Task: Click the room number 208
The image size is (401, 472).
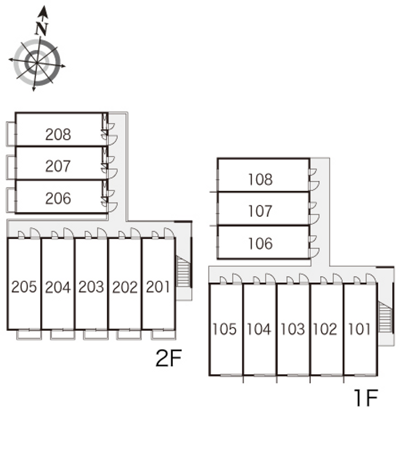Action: (x=58, y=135)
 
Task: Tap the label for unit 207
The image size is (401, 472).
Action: (x=58, y=166)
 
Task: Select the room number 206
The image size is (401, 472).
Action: (x=58, y=198)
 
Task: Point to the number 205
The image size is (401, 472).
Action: (x=24, y=287)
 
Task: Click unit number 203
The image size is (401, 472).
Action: (x=91, y=287)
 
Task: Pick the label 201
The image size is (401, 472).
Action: (x=158, y=287)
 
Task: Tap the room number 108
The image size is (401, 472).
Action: (x=260, y=179)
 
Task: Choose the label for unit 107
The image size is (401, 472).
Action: (x=260, y=211)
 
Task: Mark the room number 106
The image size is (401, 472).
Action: (x=260, y=244)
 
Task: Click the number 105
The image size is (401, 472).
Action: (x=225, y=329)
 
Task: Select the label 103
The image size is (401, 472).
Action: (x=293, y=329)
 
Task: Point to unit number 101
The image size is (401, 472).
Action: (x=359, y=329)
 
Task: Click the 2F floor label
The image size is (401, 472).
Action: (x=168, y=358)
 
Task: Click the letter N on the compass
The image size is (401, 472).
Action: (x=42, y=29)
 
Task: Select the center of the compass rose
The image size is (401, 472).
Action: (x=37, y=63)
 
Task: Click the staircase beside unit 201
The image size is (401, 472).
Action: (x=183, y=271)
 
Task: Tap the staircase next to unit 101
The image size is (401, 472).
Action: (x=385, y=317)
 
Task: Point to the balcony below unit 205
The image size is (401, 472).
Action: (x=29, y=335)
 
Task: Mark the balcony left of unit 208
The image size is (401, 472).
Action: (x=11, y=134)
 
